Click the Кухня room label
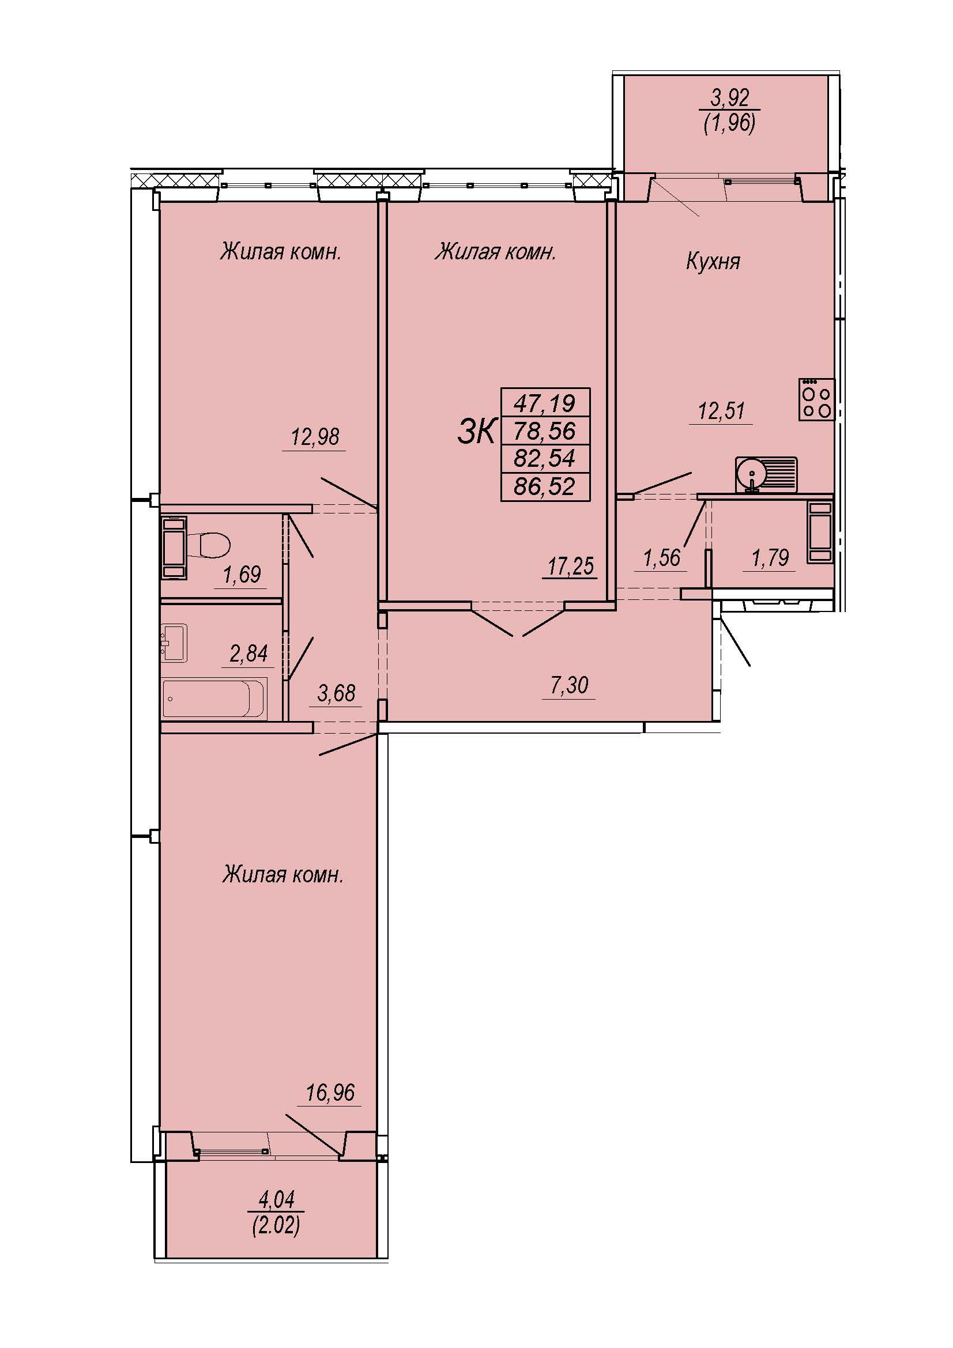pos(713,260)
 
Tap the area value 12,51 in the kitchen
pos(721,410)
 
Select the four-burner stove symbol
pos(816,399)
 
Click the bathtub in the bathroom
pos(214,698)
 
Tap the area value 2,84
pos(248,653)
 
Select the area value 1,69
pos(242,573)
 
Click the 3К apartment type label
pos(477,432)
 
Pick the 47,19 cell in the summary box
pos(544,403)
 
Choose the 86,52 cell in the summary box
pos(544,487)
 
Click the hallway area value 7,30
pos(569,685)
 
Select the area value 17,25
pos(571,566)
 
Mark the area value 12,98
pos(315,437)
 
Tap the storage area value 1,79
pos(770,557)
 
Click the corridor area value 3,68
pos(336,693)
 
